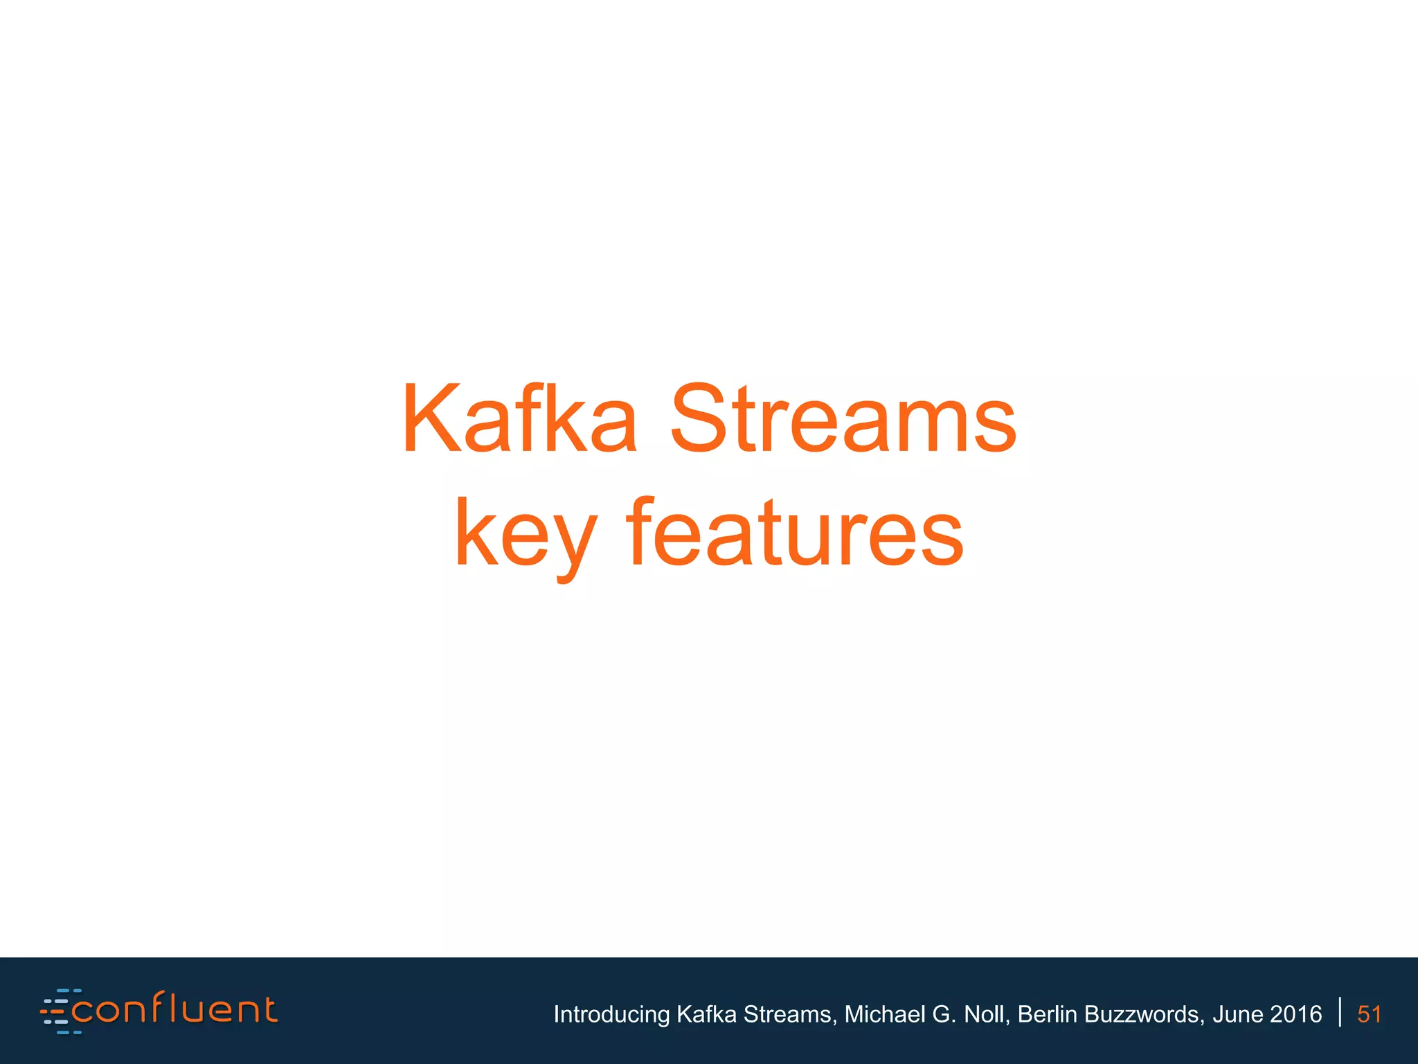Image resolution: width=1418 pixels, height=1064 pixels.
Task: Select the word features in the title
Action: pos(794,533)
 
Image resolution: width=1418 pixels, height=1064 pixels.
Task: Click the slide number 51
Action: pos(1369,1014)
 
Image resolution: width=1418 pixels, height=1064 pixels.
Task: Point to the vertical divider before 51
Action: pos(1340,1012)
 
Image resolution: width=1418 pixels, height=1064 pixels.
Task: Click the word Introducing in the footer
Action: pos(611,1014)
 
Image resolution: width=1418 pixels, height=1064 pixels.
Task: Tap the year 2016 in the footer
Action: pos(1296,1014)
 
